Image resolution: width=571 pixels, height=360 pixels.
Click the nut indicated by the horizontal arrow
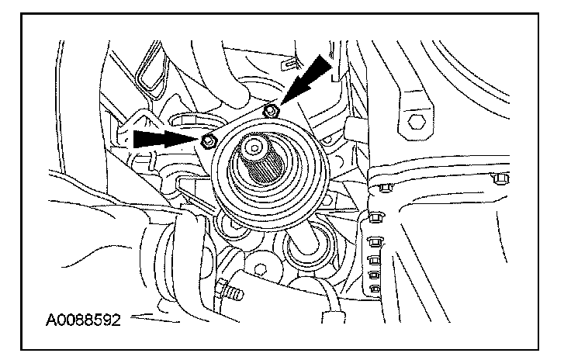click(x=207, y=141)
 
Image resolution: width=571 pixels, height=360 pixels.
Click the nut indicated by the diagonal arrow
click(x=270, y=109)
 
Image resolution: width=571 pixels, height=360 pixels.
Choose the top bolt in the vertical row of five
click(x=378, y=215)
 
